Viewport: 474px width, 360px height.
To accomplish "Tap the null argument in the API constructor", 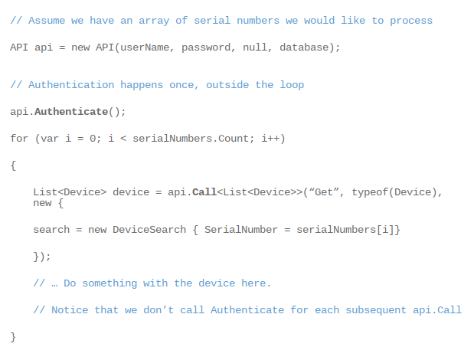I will tap(255, 47).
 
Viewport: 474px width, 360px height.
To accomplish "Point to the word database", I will tap(306, 47).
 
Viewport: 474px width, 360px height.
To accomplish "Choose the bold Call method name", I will tap(204, 191).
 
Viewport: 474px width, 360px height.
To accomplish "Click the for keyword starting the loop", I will tap(19, 139).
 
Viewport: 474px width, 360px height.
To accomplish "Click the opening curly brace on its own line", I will tap(13, 165).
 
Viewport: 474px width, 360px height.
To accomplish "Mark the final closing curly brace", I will tap(13, 337).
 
